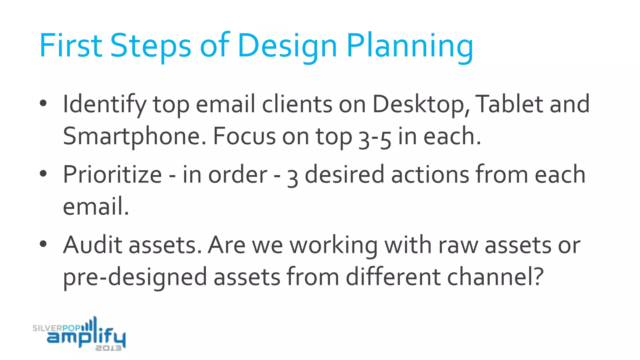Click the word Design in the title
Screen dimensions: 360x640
tap(287, 46)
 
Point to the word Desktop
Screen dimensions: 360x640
tap(421, 105)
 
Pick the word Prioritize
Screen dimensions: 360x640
tap(112, 175)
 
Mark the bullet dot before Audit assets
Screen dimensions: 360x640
tap(43, 244)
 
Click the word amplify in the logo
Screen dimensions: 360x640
tap(86, 337)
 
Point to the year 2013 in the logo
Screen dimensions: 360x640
tap(108, 348)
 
